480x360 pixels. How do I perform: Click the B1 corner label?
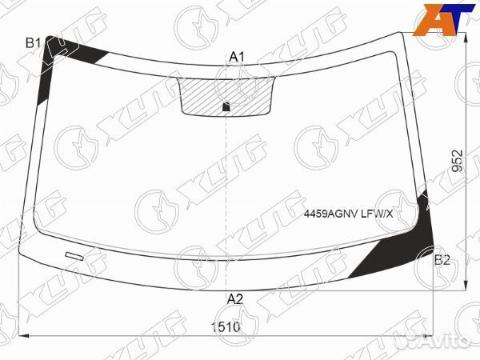coord(33,43)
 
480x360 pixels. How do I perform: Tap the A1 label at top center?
coord(237,57)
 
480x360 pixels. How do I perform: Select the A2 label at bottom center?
coord(235,298)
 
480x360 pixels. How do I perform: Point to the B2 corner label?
coord(442,260)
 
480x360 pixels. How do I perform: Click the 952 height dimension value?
coord(458,161)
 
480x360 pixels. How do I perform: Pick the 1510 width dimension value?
coord(226,327)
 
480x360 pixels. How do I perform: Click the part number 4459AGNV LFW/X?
coord(348,214)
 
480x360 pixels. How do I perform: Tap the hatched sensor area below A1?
coord(226,97)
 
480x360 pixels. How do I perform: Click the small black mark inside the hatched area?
coord(226,106)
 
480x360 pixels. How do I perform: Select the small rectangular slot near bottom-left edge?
coord(74,256)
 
